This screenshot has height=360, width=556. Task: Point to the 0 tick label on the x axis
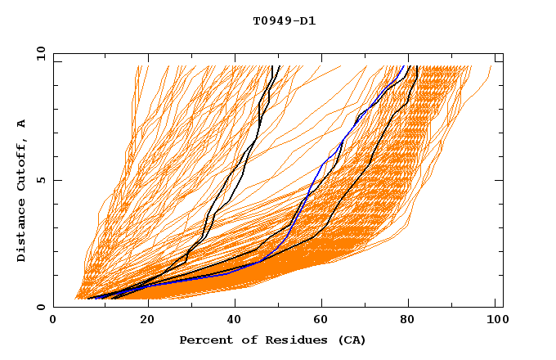53,321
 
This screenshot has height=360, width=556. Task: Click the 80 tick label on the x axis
412,321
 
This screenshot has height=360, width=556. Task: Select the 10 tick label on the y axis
38,54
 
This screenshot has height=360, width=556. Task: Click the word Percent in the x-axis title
204,340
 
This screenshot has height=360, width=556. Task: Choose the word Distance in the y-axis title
22,231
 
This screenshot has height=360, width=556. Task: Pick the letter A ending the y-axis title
22,123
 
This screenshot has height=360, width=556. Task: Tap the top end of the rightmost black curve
417,67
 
